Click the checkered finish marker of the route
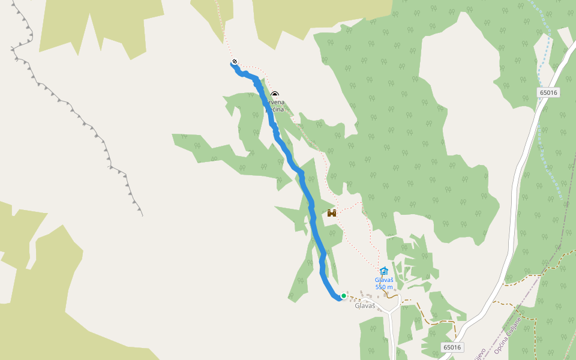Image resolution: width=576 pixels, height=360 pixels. click(x=234, y=61)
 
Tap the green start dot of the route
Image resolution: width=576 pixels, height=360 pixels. click(x=343, y=296)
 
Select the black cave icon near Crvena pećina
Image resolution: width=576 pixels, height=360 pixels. click(x=275, y=94)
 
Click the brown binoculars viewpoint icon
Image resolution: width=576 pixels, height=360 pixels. click(x=331, y=212)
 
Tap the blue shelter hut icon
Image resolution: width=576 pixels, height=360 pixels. click(x=384, y=271)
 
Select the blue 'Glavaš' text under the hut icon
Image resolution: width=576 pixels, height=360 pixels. click(x=384, y=280)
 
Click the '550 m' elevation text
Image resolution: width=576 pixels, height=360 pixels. click(x=384, y=287)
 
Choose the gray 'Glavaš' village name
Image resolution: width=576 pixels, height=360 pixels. click(x=365, y=306)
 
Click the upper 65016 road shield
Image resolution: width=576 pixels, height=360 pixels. click(x=548, y=92)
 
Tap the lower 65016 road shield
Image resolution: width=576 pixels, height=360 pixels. click(x=452, y=347)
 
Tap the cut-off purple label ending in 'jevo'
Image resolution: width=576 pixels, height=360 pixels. click(x=478, y=353)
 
